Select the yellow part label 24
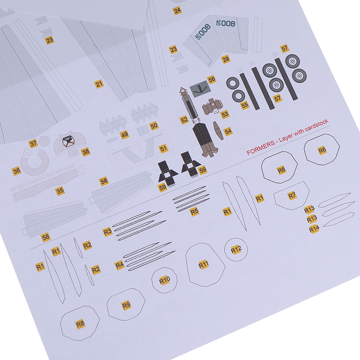click(x=177, y=10)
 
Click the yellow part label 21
click(x=99, y=84)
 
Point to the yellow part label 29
click(x=226, y=59)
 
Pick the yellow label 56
click(x=211, y=80)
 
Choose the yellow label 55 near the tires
click(x=245, y=105)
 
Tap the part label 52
click(x=184, y=120)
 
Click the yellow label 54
click(x=228, y=131)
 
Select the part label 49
click(x=125, y=135)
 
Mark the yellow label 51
click(x=163, y=148)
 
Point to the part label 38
click(x=85, y=152)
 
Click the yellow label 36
click(x=17, y=171)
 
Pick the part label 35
click(x=60, y=191)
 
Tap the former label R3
click(x=108, y=232)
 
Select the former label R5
click(x=194, y=211)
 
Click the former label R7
click(x=292, y=196)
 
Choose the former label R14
click(x=314, y=229)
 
